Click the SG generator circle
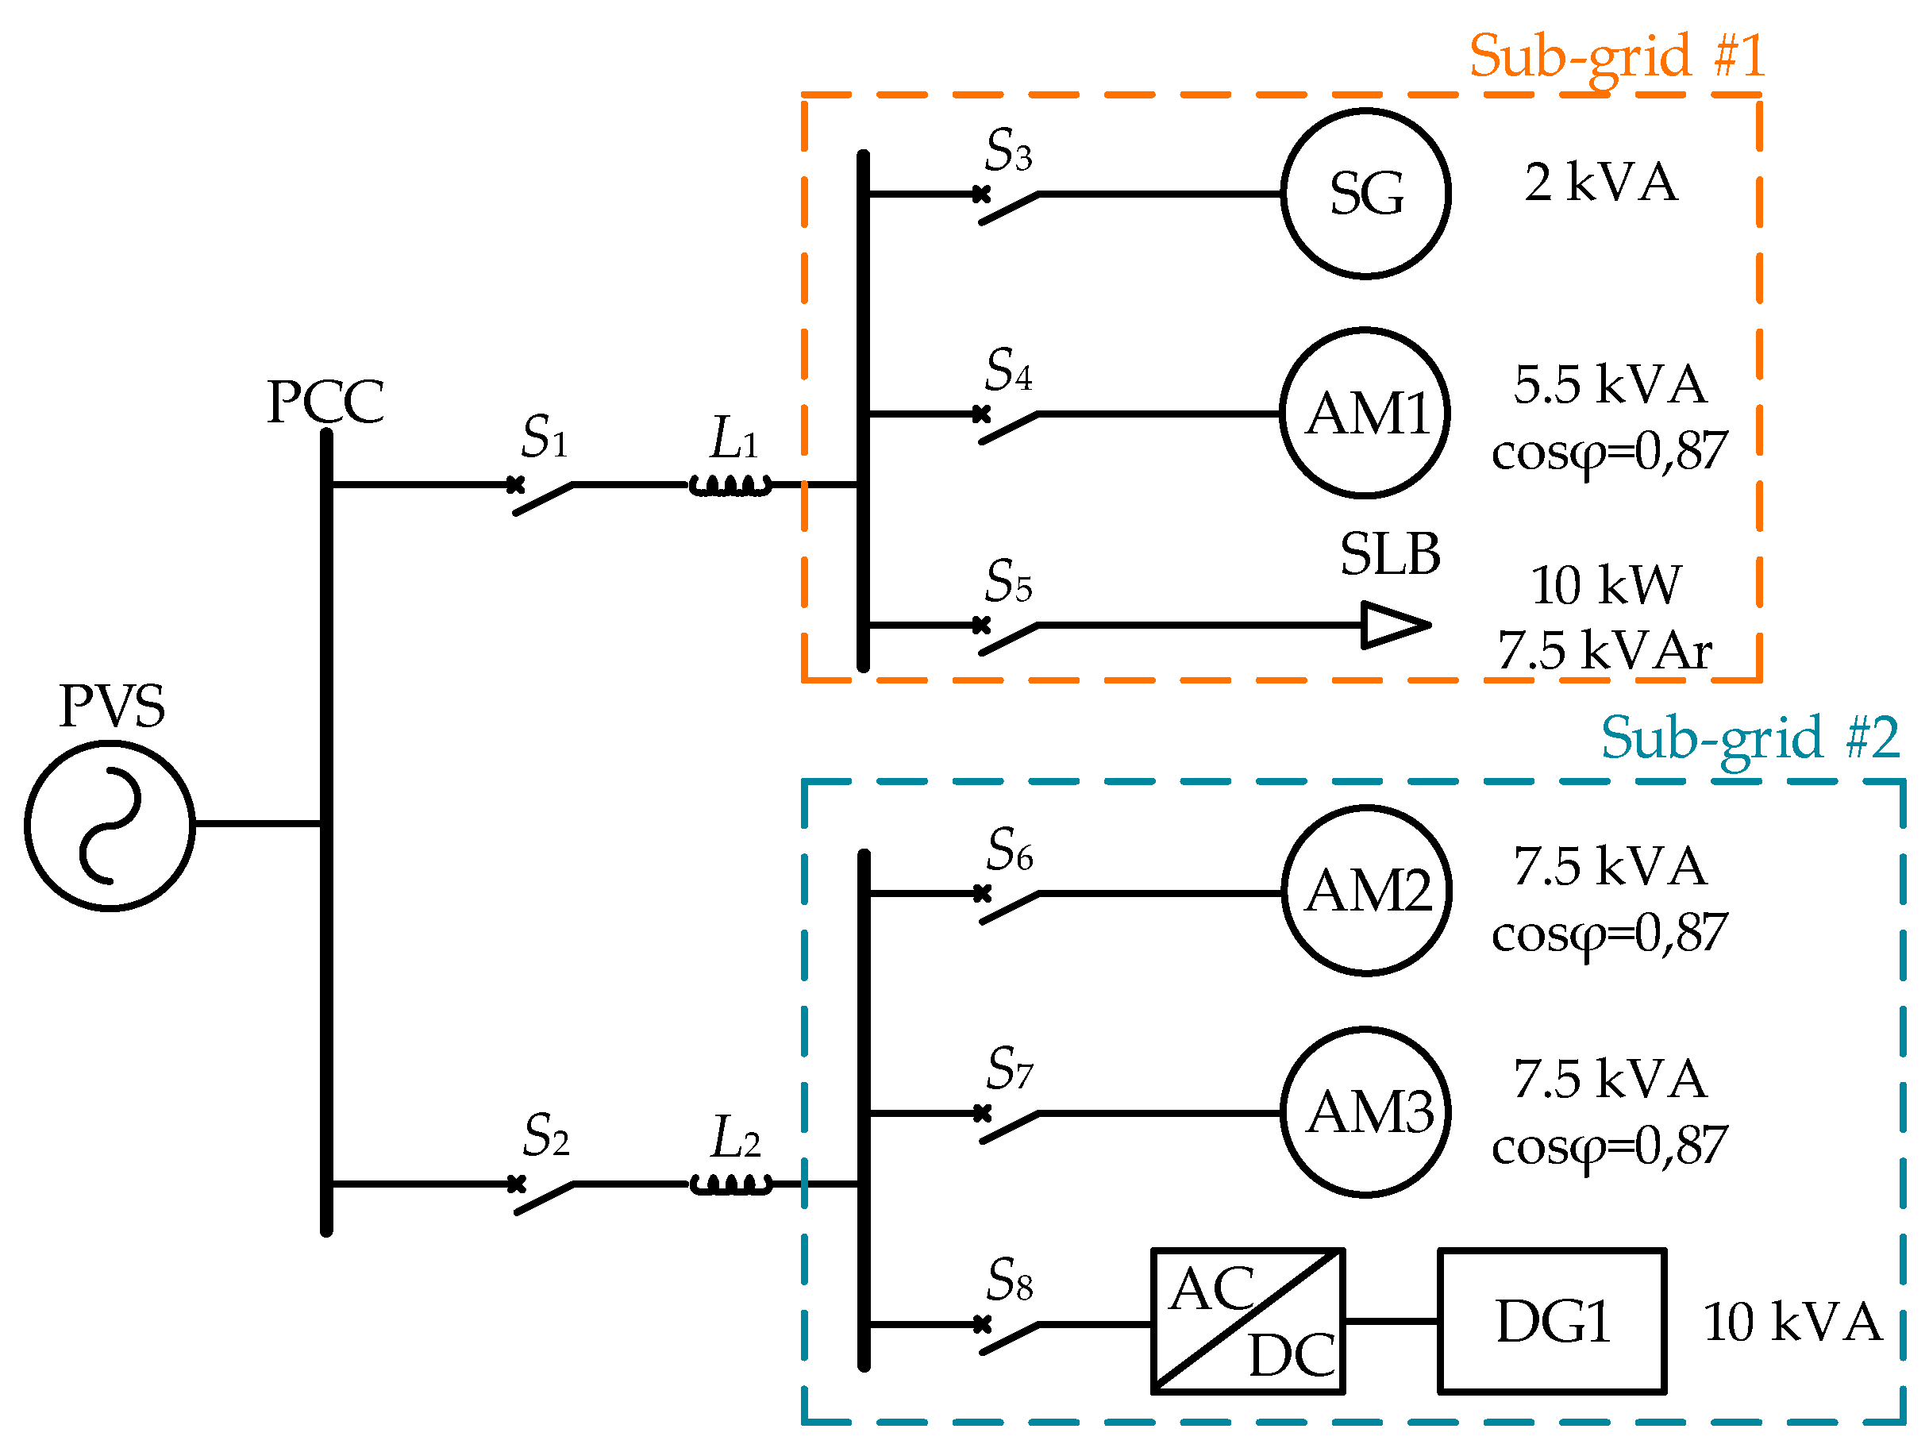[1365, 111]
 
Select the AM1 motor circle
[1365, 330]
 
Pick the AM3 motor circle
[1365, 1030]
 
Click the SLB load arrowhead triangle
[1396, 625]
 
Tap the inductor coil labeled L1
[731, 485]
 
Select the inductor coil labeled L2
[731, 1184]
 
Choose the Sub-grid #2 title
[1750, 739]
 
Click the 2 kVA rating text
[1600, 183]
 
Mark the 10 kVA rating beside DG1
[1792, 1321]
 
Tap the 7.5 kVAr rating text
[1604, 650]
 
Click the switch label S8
[1010, 1279]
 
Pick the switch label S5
[1009, 581]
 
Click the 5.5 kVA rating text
[1610, 385]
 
